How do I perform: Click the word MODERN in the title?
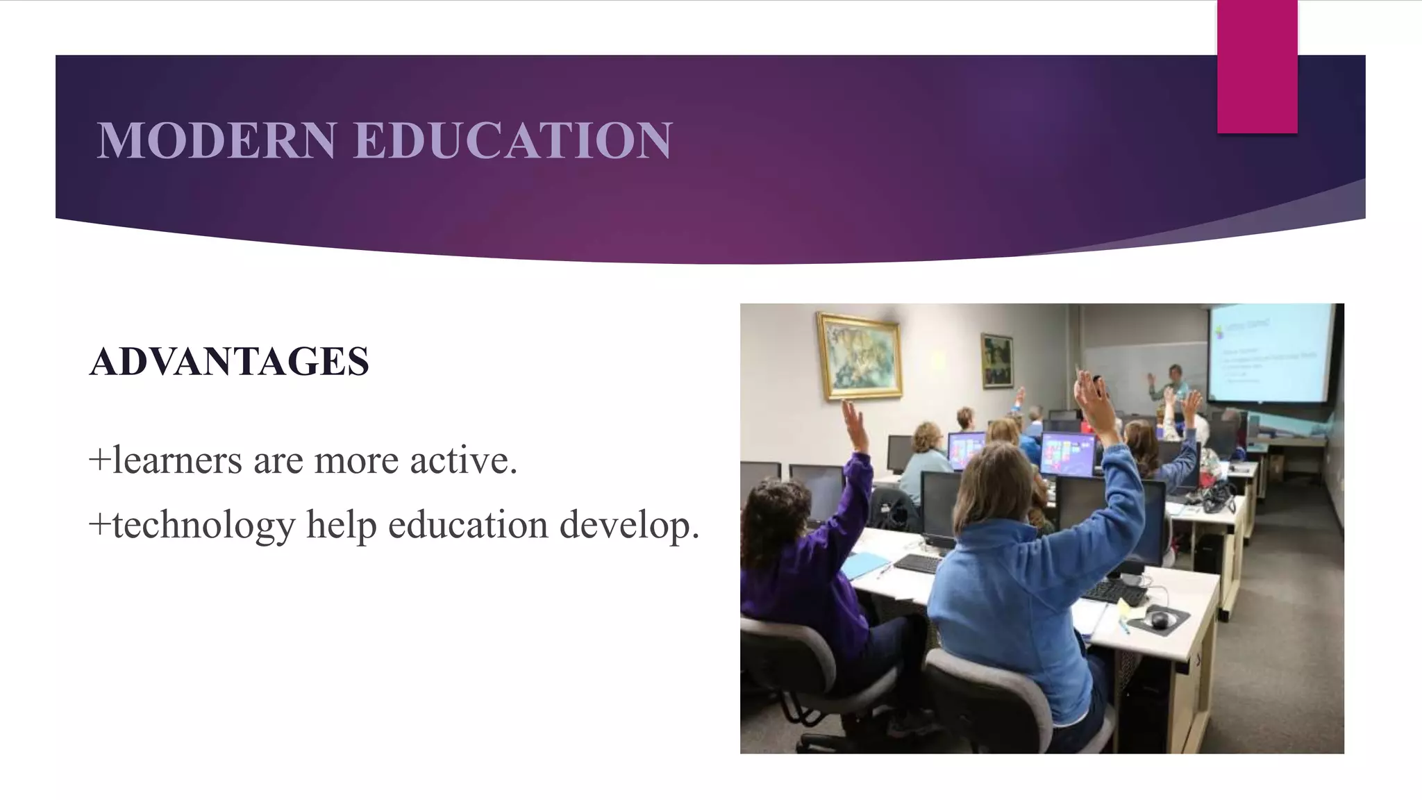click(x=217, y=140)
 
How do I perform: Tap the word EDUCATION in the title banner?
click(x=513, y=140)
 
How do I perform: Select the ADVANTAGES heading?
click(x=229, y=361)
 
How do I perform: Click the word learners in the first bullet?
click(x=177, y=460)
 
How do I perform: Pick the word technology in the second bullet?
click(x=203, y=525)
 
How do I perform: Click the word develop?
click(x=629, y=525)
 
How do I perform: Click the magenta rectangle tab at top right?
click(x=1257, y=67)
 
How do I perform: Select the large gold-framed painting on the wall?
click(x=860, y=356)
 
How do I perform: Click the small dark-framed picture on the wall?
click(x=996, y=360)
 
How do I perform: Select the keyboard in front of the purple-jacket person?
click(x=918, y=563)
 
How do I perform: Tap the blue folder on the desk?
click(x=864, y=564)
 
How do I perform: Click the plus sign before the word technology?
click(x=100, y=526)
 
